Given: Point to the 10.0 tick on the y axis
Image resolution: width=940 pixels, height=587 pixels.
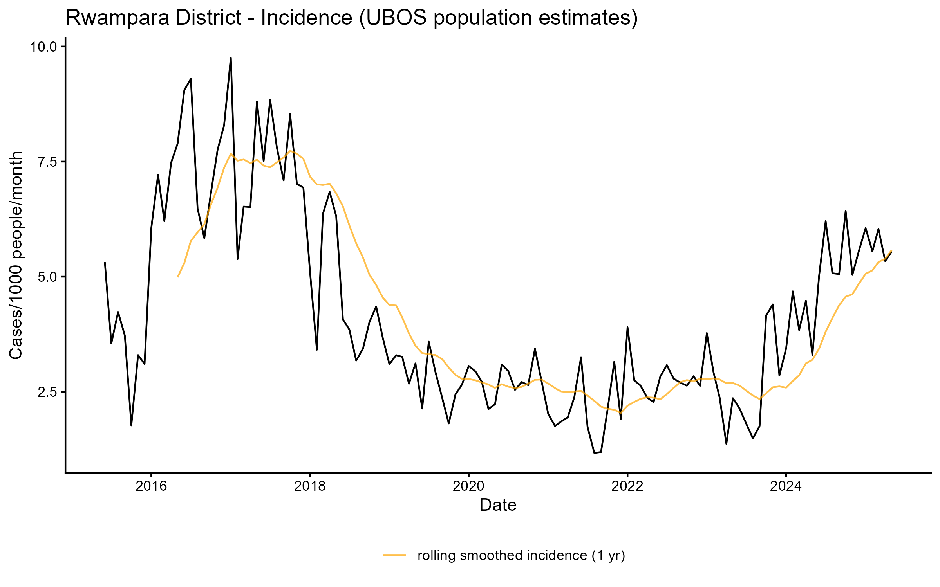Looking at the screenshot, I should [43, 47].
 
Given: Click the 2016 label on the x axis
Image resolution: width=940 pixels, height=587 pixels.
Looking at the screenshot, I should [151, 486].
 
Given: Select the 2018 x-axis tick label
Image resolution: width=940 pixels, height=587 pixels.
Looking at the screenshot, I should [310, 486].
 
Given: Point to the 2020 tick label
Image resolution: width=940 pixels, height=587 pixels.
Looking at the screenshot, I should [469, 486].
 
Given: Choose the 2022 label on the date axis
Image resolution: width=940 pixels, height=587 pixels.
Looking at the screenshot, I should [627, 486].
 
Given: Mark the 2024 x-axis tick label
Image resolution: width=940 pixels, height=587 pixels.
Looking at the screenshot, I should [786, 486].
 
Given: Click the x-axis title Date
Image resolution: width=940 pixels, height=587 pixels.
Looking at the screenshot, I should [498, 505].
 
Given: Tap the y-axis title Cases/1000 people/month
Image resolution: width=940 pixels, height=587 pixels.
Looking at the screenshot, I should [16, 255].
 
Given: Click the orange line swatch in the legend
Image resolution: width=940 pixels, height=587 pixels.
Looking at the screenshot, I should [394, 555].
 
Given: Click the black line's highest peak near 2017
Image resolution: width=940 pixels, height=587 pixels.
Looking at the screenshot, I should [231, 58].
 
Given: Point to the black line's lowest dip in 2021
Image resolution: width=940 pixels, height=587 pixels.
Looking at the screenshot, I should [595, 453].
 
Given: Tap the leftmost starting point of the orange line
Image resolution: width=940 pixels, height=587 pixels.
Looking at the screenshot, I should [178, 277].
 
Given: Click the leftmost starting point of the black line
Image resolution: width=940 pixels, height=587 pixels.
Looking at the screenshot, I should [105, 263].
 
